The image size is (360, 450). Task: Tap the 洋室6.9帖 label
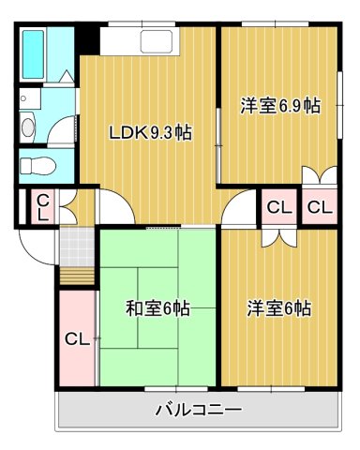pyautogui.click(x=279, y=106)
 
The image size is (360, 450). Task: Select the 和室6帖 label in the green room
pyautogui.click(x=157, y=307)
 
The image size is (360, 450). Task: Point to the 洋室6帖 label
pyautogui.click(x=279, y=307)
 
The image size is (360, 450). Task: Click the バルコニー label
pyautogui.click(x=198, y=411)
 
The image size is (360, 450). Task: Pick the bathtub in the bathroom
pyautogui.click(x=34, y=55)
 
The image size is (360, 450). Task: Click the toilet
pyautogui.click(x=37, y=167)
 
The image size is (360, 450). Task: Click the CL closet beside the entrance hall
pyautogui.click(x=42, y=207)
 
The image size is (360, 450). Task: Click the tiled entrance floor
pyautogui.click(x=76, y=246)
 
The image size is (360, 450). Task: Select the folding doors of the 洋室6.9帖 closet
pyautogui.click(x=319, y=175)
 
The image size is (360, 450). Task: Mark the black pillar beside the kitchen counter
pyautogui.click(x=87, y=40)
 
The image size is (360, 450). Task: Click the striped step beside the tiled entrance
pyautogui.click(x=76, y=277)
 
